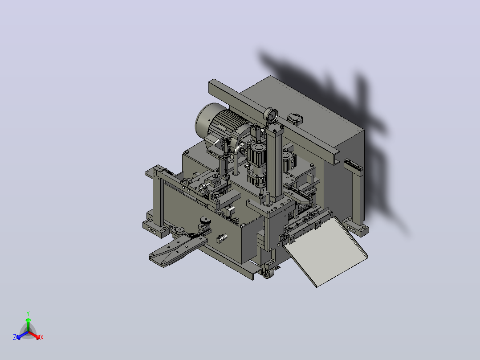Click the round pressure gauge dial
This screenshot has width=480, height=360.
271,116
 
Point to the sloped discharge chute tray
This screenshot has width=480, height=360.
325,251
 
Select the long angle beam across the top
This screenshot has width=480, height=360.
274,121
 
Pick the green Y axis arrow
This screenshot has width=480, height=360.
28,325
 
